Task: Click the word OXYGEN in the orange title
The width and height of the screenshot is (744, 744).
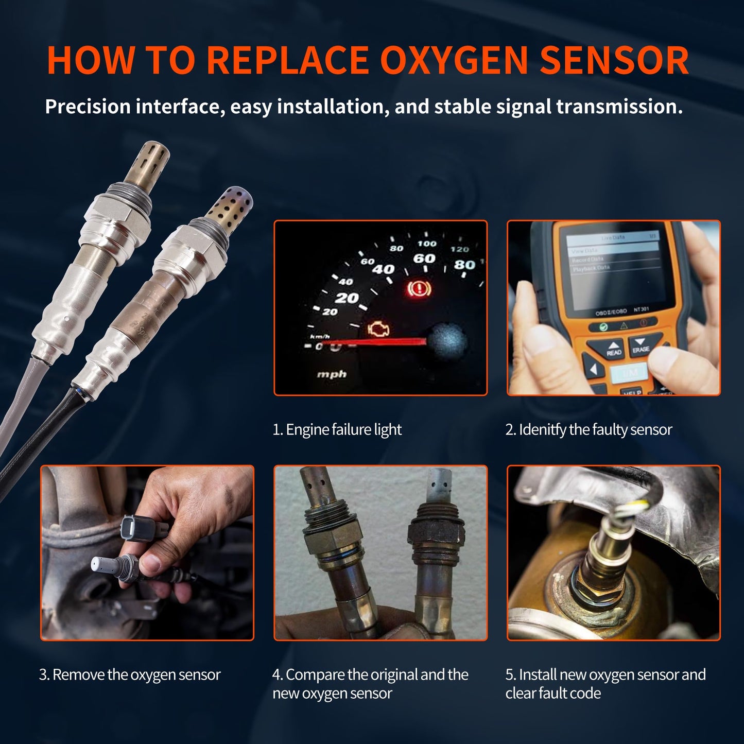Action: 454,61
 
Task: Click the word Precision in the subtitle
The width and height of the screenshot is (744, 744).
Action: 88,107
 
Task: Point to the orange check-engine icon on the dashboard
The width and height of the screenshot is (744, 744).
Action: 379,330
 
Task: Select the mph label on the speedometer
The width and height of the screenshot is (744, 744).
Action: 332,374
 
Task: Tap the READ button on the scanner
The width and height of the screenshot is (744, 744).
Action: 613,349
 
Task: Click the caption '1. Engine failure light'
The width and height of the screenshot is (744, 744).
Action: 337,429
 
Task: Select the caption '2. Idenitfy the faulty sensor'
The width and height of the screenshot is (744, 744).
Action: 589,429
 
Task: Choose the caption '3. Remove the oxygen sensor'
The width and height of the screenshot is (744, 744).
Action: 130,674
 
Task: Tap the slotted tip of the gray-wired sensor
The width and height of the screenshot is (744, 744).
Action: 153,159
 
